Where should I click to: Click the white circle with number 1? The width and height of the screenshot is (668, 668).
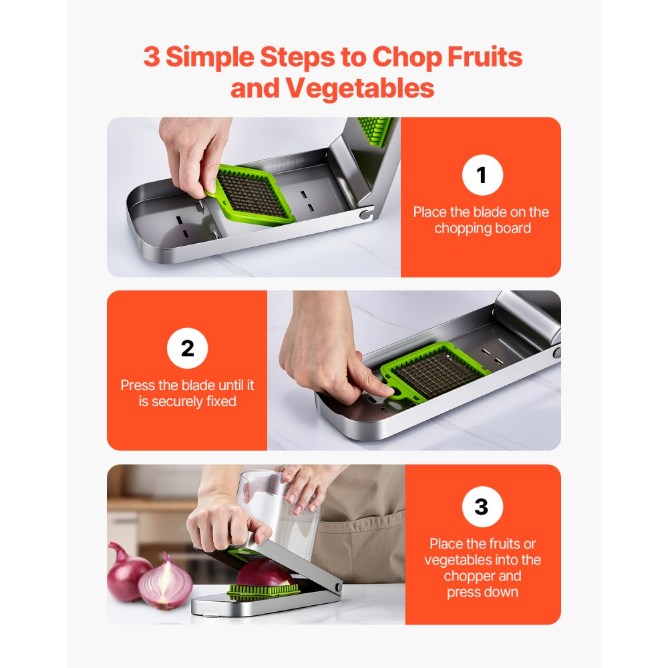[482, 175]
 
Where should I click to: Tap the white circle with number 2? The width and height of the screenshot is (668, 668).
[187, 349]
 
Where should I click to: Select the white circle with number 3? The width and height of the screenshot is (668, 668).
[481, 507]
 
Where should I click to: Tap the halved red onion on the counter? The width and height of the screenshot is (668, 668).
[165, 584]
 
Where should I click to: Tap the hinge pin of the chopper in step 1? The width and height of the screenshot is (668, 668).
[364, 216]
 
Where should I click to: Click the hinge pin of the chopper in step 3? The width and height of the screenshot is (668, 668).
[337, 587]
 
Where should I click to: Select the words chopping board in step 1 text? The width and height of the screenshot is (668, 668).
[482, 228]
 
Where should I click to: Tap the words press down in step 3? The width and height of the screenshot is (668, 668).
[482, 592]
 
